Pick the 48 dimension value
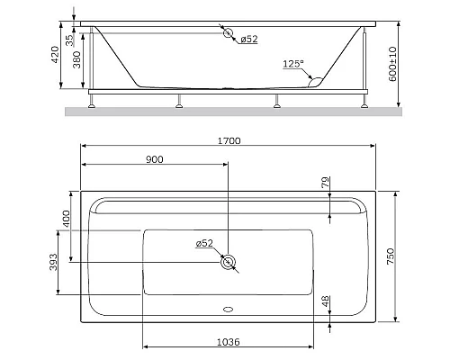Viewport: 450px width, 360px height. click(x=325, y=302)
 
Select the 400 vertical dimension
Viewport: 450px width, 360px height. click(x=66, y=219)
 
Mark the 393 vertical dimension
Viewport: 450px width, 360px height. click(x=54, y=261)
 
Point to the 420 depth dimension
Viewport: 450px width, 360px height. click(x=56, y=57)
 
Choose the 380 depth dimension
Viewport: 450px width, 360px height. click(x=77, y=61)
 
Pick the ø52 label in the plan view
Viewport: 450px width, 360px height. click(x=204, y=243)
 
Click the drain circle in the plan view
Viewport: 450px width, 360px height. click(x=229, y=262)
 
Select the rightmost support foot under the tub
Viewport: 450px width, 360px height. click(x=366, y=101)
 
